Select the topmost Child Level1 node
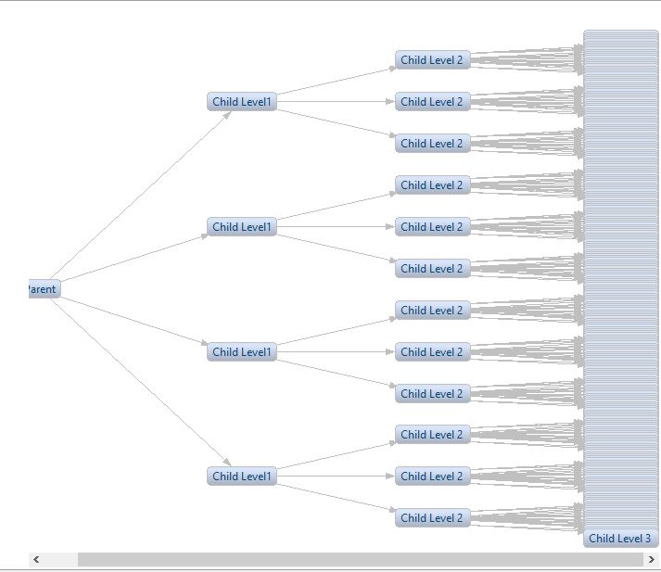(242, 102)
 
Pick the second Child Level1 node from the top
(242, 227)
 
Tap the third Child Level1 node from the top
(242, 352)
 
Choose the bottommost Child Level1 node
(242, 477)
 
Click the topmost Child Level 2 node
(432, 60)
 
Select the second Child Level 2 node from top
(432, 102)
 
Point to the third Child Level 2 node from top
(432, 144)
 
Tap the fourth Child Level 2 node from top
(432, 185)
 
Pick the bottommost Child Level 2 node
(432, 518)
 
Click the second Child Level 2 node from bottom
(432, 477)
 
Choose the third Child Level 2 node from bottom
(432, 435)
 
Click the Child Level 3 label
(619, 538)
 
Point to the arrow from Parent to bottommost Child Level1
(139, 380)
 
